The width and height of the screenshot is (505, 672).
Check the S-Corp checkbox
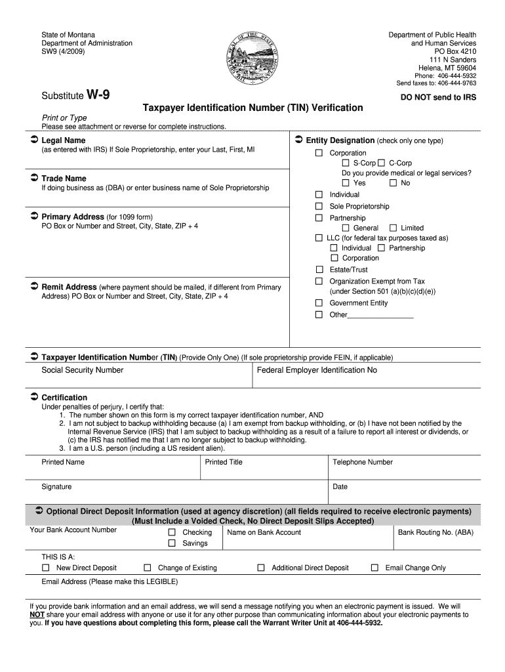346,163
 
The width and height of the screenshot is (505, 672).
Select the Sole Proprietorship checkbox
319,206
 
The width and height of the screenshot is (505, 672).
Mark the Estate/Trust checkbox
319,270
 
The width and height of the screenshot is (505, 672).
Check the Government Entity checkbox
319,303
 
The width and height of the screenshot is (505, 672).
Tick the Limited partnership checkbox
394,228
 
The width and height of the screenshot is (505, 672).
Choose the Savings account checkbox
172,543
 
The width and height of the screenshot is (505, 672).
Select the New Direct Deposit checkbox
46,568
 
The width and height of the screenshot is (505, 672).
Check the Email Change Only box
375,568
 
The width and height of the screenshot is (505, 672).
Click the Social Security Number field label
82,370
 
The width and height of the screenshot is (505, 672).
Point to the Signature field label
56,487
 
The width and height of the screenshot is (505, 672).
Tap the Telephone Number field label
362,462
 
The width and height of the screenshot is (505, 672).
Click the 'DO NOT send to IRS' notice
438,97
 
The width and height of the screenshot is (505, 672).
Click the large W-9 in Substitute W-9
98,95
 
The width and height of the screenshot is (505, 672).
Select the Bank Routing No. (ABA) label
435,532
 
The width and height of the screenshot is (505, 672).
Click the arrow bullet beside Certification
34,398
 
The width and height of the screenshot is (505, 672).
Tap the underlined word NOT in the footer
37,615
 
